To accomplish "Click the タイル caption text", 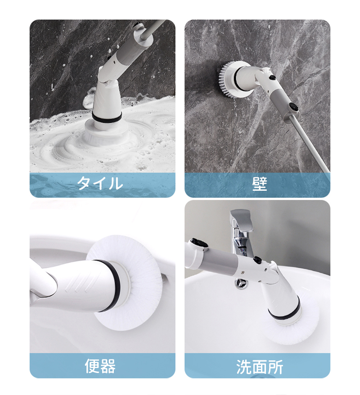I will [100, 184].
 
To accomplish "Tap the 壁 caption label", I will [260, 184].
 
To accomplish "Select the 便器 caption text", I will [100, 366].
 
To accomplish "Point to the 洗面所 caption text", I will [260, 367].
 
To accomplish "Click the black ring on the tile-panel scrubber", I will [107, 116].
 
